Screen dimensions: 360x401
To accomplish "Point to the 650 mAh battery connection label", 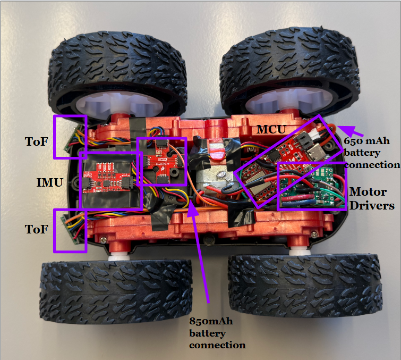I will [x=371, y=153].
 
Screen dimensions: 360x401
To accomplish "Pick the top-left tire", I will [x=118, y=74].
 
